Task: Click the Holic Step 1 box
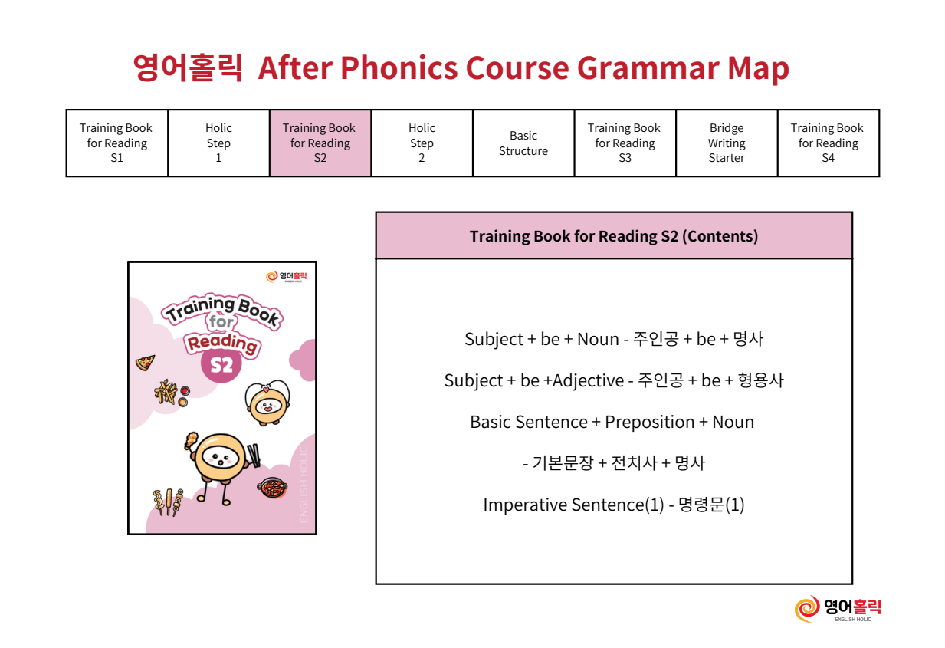click(x=218, y=143)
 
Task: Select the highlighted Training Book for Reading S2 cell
click(x=320, y=143)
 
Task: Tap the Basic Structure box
click(x=523, y=143)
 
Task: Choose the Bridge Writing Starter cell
click(x=727, y=143)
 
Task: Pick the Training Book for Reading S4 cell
click(x=829, y=143)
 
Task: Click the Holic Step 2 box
click(x=422, y=143)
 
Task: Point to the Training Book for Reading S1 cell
click(x=116, y=143)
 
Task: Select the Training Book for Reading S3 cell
click(x=625, y=143)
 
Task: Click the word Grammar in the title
click(x=648, y=67)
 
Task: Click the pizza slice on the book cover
click(x=146, y=363)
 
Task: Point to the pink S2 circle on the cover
click(x=221, y=363)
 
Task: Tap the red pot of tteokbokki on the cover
click(x=273, y=488)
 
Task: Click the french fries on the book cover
click(x=166, y=392)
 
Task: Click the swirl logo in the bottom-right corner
click(x=807, y=609)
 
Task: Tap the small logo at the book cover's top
click(x=287, y=277)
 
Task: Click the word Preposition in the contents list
click(x=650, y=422)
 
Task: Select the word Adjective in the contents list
click(x=588, y=381)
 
